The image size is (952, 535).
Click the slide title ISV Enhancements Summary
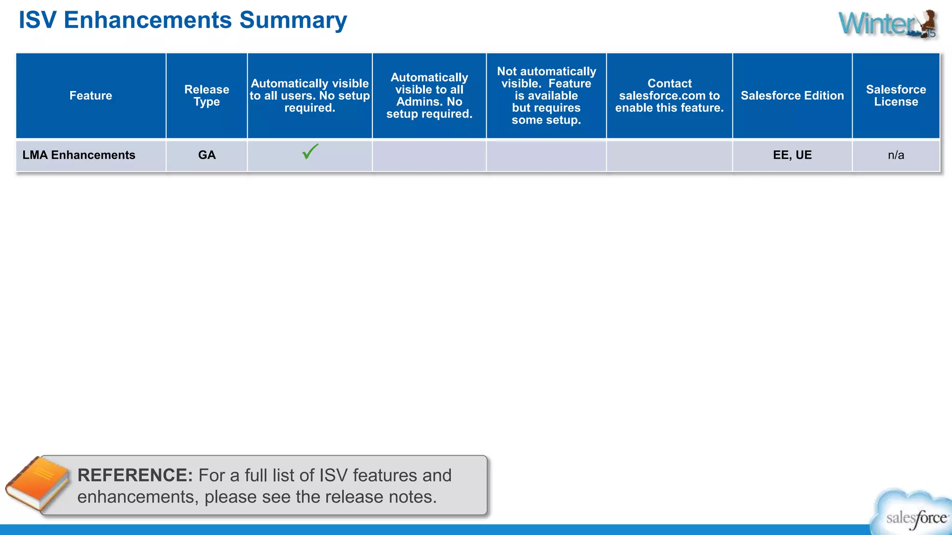tap(183, 20)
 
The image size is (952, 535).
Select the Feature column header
tap(91, 96)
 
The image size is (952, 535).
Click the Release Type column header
tap(207, 96)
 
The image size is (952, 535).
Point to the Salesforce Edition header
tap(792, 96)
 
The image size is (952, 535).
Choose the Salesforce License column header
tap(896, 96)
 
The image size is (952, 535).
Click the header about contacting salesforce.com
tap(669, 96)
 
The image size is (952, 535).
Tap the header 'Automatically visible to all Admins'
tap(429, 96)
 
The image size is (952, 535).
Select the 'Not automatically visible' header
tap(546, 96)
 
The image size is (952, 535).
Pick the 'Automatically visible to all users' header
tap(310, 96)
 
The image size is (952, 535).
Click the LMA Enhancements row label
tap(79, 155)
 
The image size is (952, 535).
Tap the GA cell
tap(207, 155)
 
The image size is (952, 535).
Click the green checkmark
tap(310, 151)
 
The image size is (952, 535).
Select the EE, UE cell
tap(792, 155)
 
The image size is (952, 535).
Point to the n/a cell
tap(896, 155)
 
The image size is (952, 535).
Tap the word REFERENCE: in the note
tap(135, 476)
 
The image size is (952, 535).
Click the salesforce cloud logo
tap(913, 514)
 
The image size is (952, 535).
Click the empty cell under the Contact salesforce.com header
tap(669, 155)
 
